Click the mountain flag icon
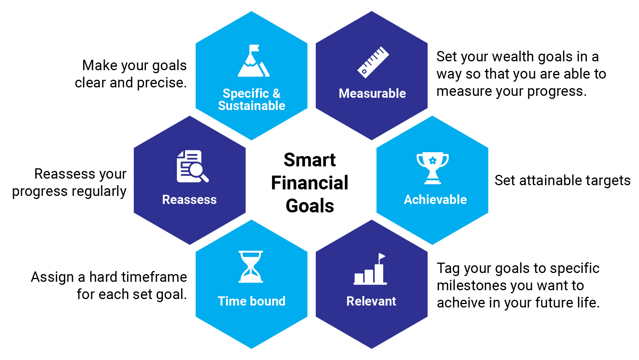(253, 61)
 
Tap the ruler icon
(373, 62)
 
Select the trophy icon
(433, 168)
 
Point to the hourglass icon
(251, 267)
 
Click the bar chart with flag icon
(370, 269)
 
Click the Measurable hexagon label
(372, 93)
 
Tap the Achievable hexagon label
(435, 200)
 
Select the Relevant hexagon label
(371, 301)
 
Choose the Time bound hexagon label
(251, 301)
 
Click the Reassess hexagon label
(189, 200)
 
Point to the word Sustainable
(252, 106)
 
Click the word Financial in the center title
(310, 183)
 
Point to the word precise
(162, 83)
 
